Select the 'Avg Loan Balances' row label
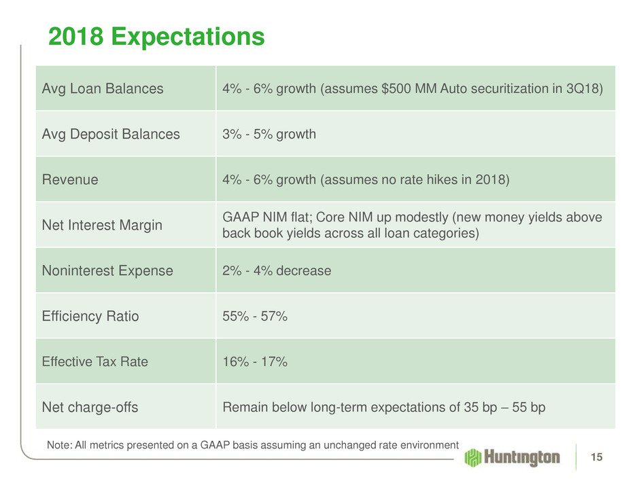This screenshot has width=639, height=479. click(x=103, y=88)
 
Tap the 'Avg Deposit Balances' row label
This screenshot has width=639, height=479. click(x=111, y=134)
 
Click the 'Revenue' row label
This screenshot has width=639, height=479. click(x=70, y=179)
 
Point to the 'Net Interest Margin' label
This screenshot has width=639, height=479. click(x=102, y=225)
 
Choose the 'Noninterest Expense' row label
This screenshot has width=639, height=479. click(x=107, y=270)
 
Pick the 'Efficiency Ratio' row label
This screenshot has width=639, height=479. click(x=90, y=316)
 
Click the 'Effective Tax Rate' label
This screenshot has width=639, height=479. click(x=94, y=361)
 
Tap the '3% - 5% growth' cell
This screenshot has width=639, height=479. click(x=269, y=134)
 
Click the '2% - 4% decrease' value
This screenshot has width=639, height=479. click(x=277, y=270)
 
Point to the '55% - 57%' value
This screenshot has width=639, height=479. click(x=256, y=316)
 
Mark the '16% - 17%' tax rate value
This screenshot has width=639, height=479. click(x=255, y=361)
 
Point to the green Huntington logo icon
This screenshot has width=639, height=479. click(x=474, y=457)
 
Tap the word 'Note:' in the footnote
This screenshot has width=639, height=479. click(x=58, y=444)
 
